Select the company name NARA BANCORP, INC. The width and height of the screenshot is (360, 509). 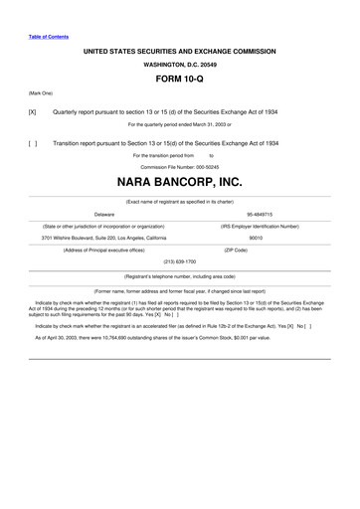[180, 184]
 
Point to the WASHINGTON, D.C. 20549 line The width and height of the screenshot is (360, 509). [180, 62]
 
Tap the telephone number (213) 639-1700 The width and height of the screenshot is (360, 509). [180, 261]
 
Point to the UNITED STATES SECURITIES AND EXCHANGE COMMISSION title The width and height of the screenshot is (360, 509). [180, 48]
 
